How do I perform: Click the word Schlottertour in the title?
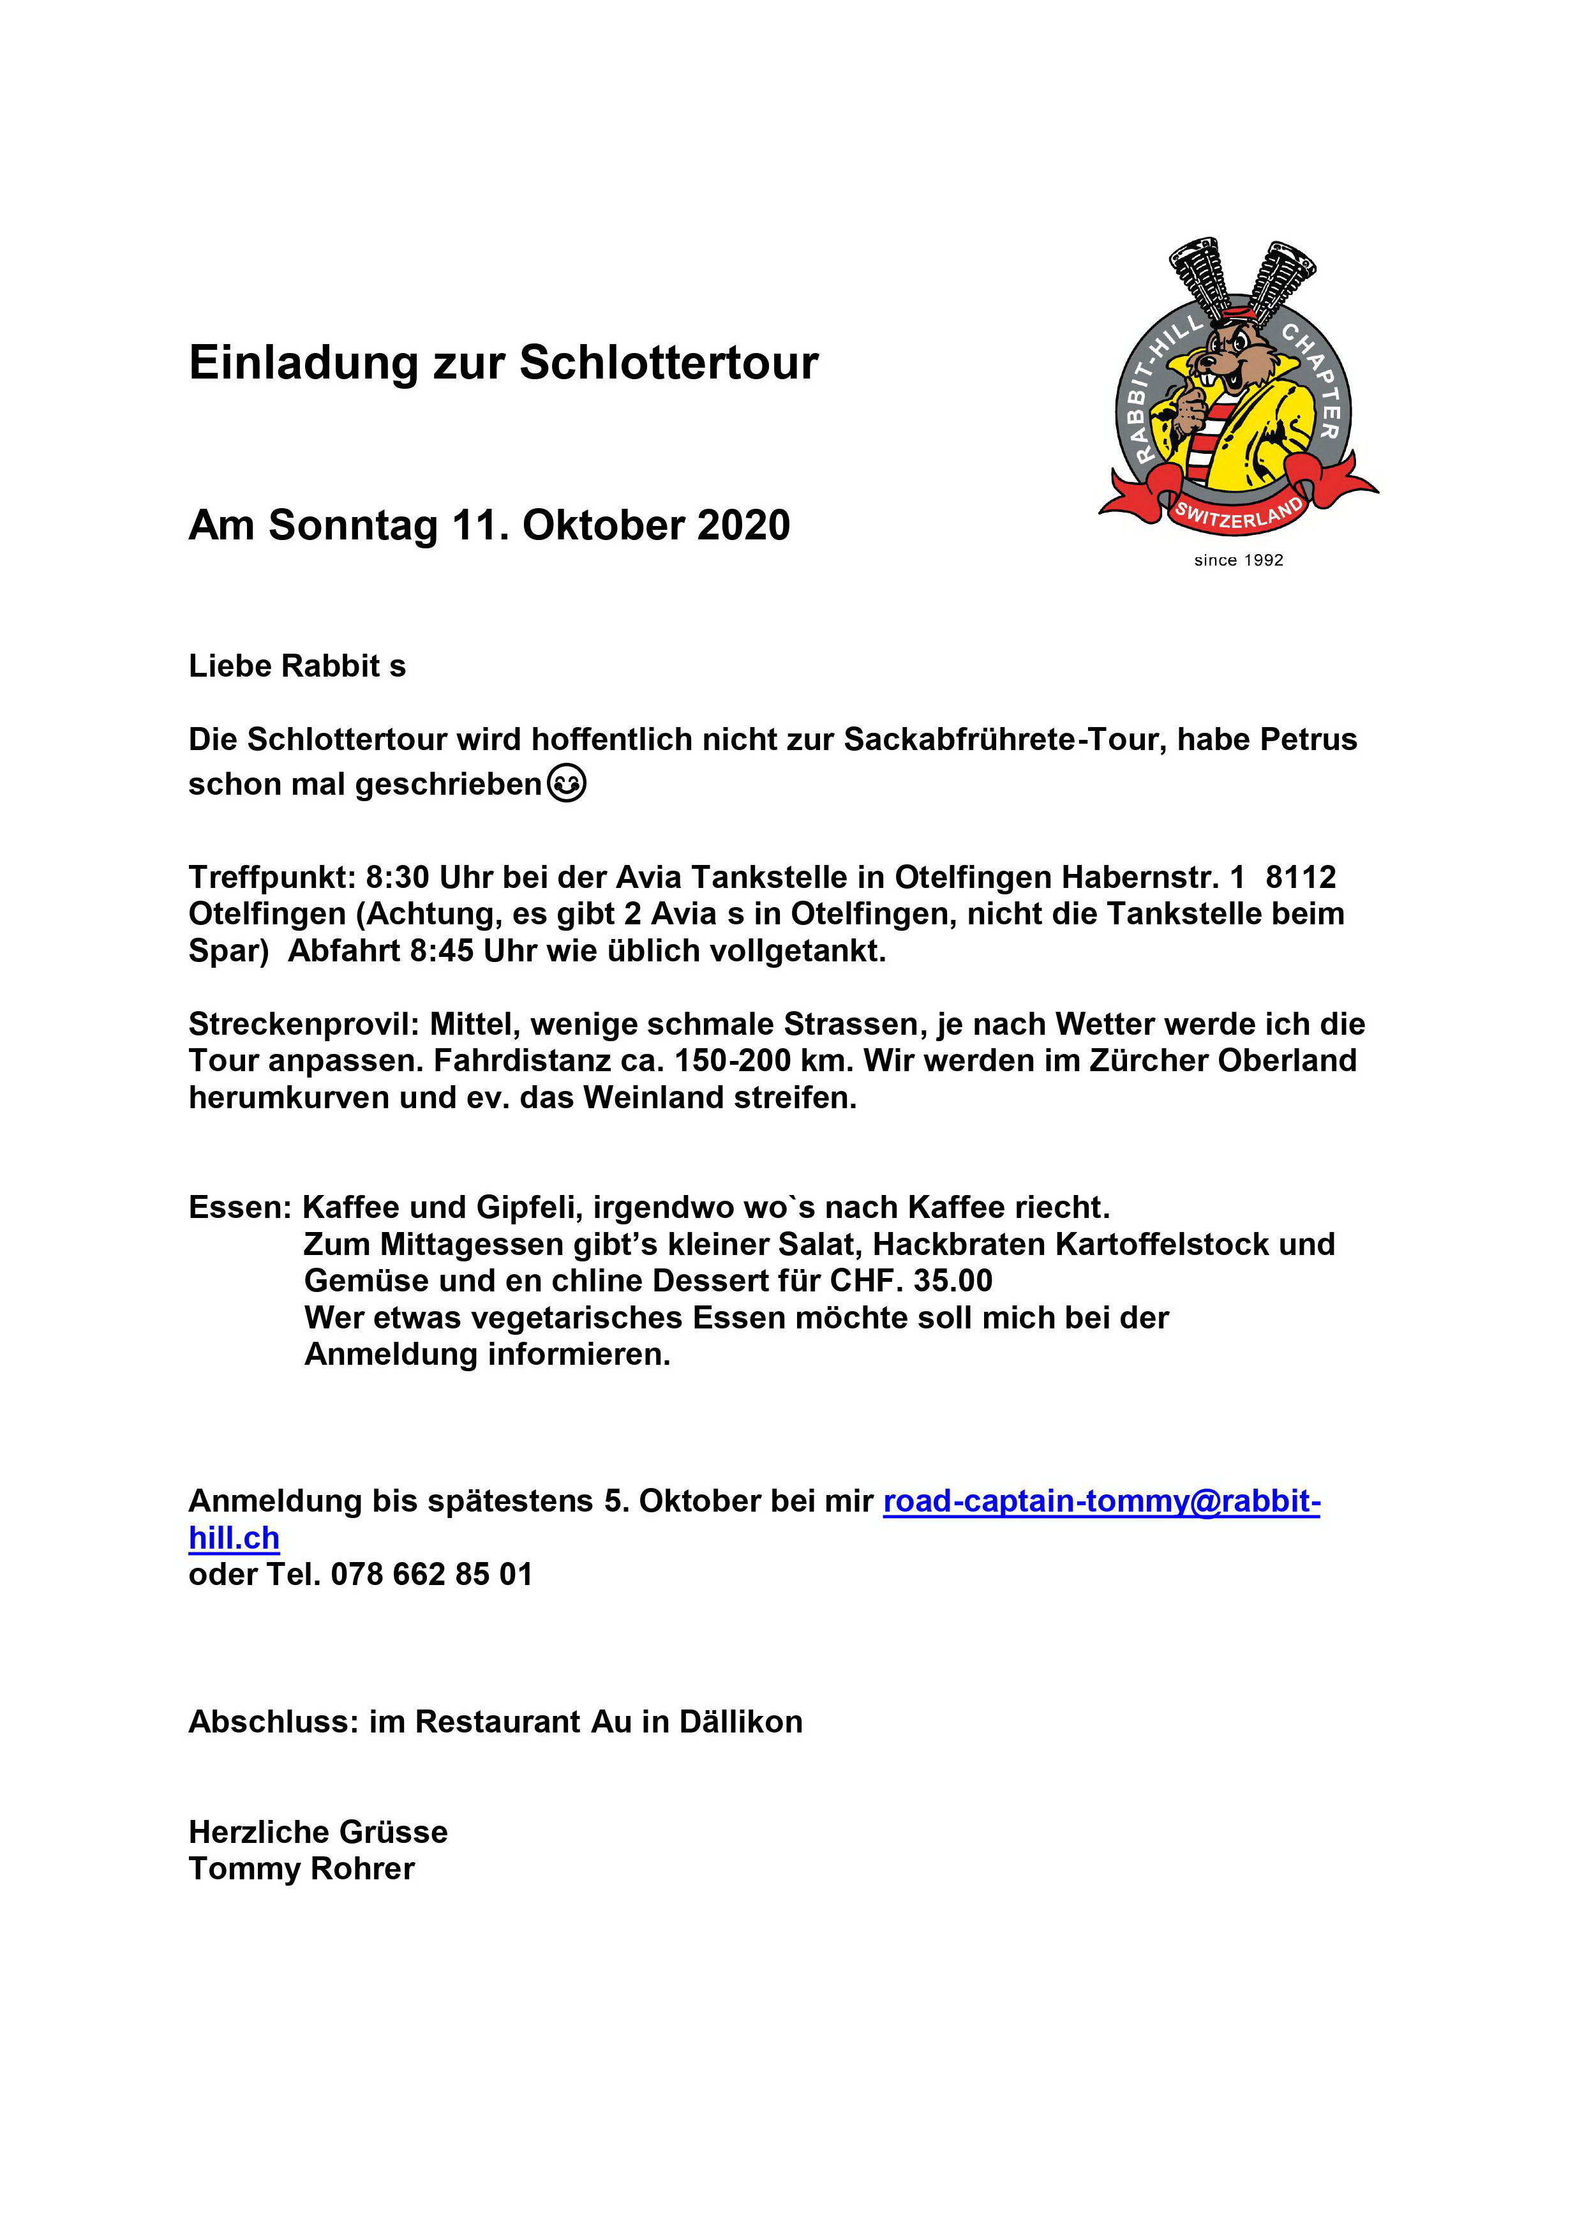pyautogui.click(x=668, y=363)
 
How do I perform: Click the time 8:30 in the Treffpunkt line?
pyautogui.click(x=397, y=877)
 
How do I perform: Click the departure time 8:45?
pyautogui.click(x=442, y=951)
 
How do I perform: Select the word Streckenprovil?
pyautogui.click(x=304, y=1025)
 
